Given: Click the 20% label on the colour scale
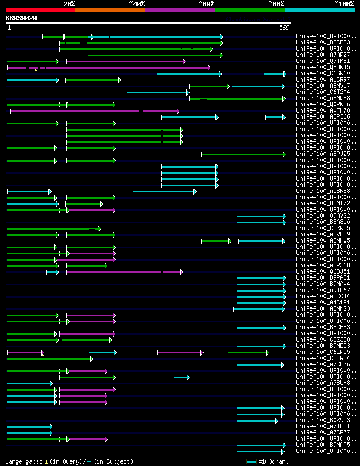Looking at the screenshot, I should tap(69, 3).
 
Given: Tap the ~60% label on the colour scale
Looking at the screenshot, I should tap(206, 3).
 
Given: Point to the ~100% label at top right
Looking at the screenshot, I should tap(344, 3).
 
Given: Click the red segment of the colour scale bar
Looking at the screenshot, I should tap(40, 10).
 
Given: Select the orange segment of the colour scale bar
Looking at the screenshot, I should tap(110, 10).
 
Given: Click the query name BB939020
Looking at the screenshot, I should tap(21, 18).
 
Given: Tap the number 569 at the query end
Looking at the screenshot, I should tap(284, 28).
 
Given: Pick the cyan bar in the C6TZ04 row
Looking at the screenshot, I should tap(158, 92).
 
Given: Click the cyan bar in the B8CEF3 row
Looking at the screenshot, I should tap(262, 328).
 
